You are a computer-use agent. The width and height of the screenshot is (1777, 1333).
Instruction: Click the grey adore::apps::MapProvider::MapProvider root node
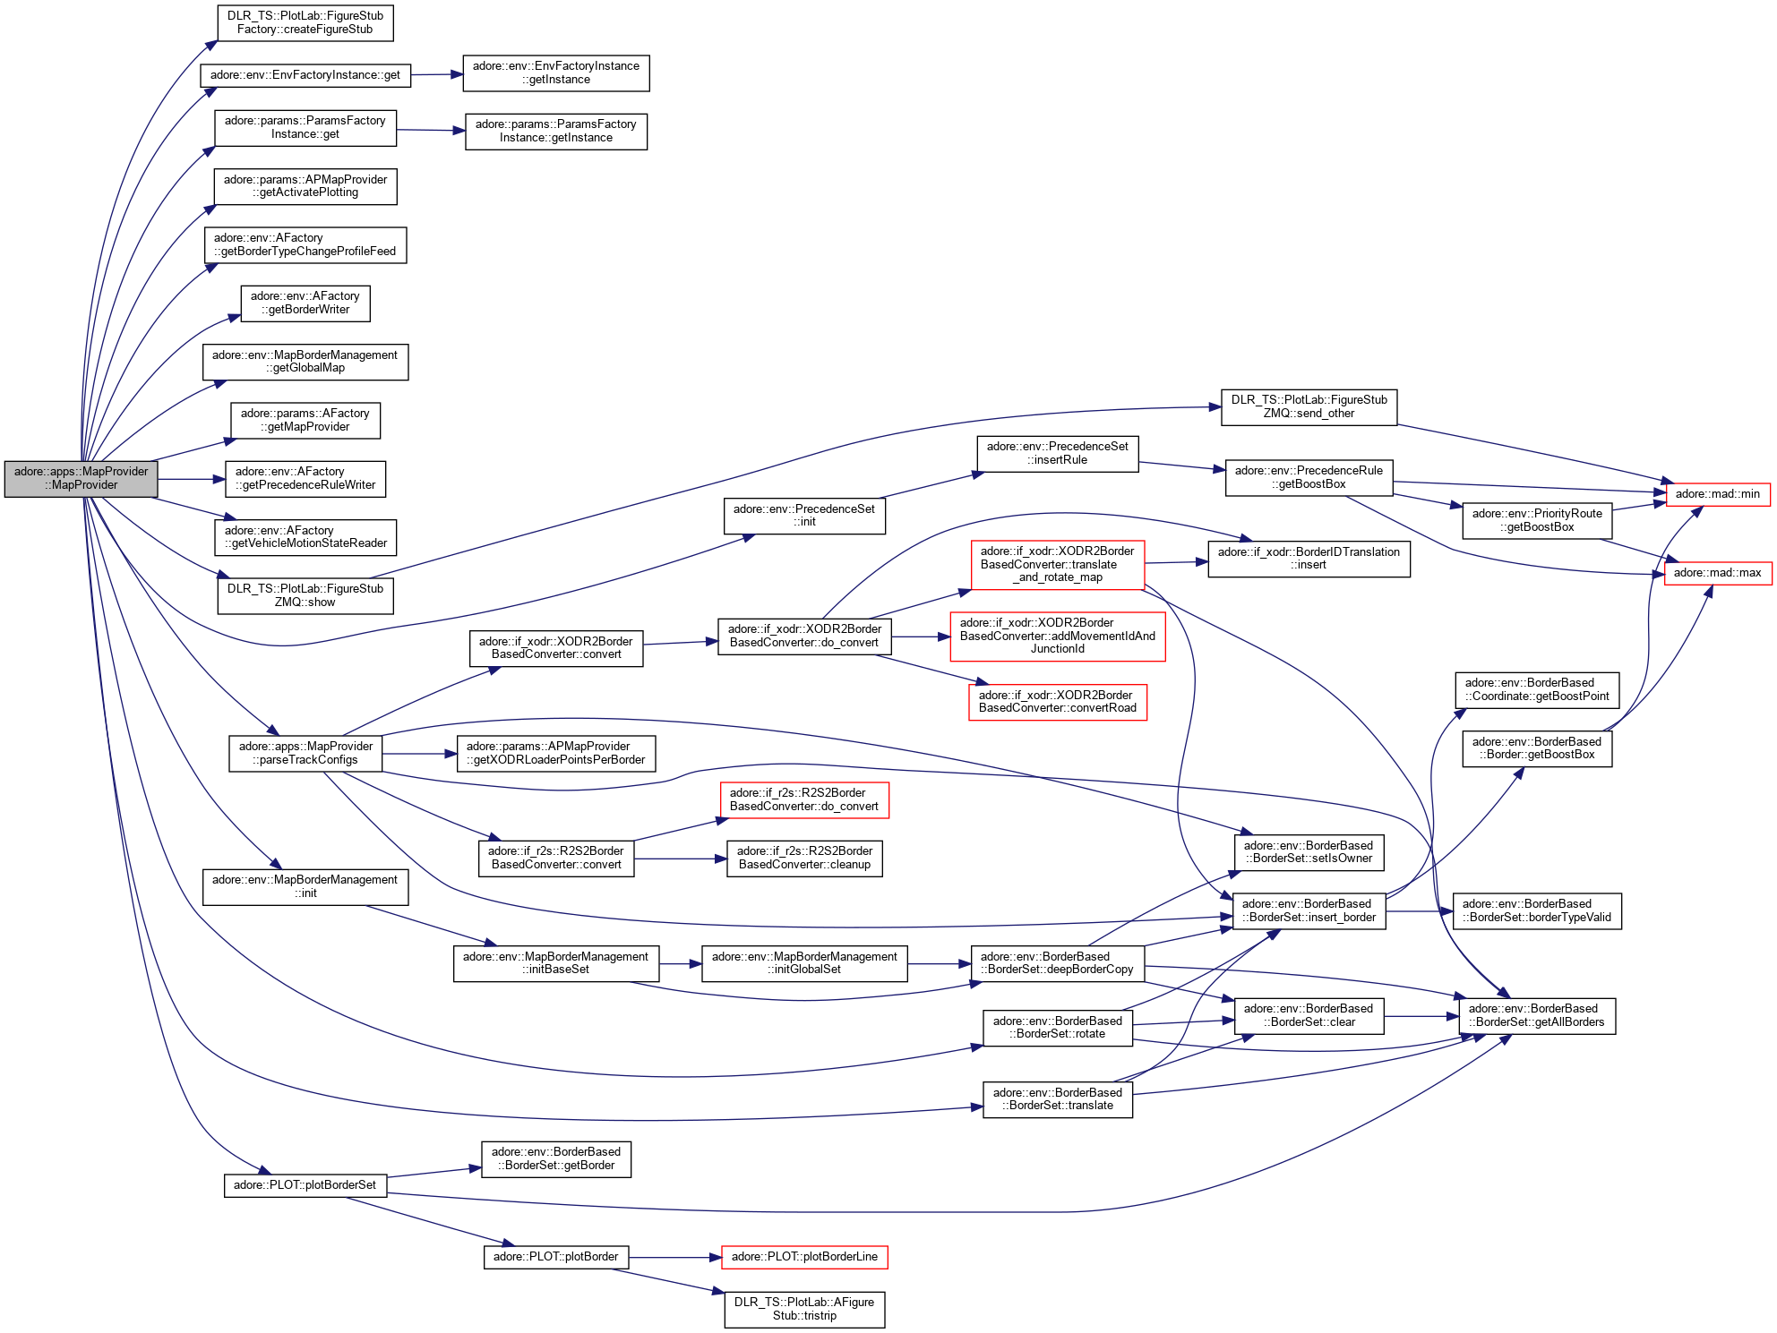click(x=82, y=479)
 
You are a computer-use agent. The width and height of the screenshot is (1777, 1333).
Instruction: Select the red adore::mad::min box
click(x=1717, y=494)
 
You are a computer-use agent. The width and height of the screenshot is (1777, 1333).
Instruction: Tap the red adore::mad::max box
click(x=1717, y=573)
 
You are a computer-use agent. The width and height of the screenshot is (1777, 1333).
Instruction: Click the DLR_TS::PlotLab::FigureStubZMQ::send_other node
click(x=1309, y=407)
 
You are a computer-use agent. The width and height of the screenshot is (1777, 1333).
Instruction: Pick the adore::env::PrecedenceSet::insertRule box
click(x=1057, y=454)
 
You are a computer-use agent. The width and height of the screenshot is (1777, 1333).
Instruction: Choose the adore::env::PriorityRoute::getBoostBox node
click(x=1537, y=521)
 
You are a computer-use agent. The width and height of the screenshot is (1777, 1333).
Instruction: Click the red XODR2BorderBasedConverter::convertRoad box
click(x=1057, y=702)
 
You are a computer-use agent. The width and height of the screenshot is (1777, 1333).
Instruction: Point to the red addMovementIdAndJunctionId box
click(x=1057, y=637)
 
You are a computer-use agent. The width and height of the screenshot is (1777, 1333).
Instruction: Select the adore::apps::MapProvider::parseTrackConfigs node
click(x=305, y=754)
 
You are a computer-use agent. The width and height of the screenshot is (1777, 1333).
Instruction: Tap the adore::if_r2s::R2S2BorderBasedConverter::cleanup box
click(x=804, y=859)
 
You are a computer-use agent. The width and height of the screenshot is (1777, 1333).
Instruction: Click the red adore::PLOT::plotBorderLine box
click(x=804, y=1257)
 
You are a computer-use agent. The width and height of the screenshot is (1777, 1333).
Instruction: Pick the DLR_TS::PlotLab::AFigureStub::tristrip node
click(x=804, y=1310)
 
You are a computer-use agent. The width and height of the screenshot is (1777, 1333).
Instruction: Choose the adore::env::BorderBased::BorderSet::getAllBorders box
click(x=1537, y=1016)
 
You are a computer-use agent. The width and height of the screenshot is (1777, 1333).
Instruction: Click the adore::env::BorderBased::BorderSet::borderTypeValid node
click(x=1537, y=911)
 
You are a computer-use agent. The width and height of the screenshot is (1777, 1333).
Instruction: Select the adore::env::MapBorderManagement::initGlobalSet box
click(x=804, y=964)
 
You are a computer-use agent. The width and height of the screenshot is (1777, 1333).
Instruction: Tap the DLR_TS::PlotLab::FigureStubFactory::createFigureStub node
click(x=305, y=23)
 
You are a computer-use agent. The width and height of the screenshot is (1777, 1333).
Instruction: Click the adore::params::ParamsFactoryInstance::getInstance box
click(x=556, y=132)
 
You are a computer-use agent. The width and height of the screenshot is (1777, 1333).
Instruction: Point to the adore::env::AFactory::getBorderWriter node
click(x=305, y=303)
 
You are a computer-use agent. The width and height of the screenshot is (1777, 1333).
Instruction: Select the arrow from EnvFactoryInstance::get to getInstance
click(x=436, y=75)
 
